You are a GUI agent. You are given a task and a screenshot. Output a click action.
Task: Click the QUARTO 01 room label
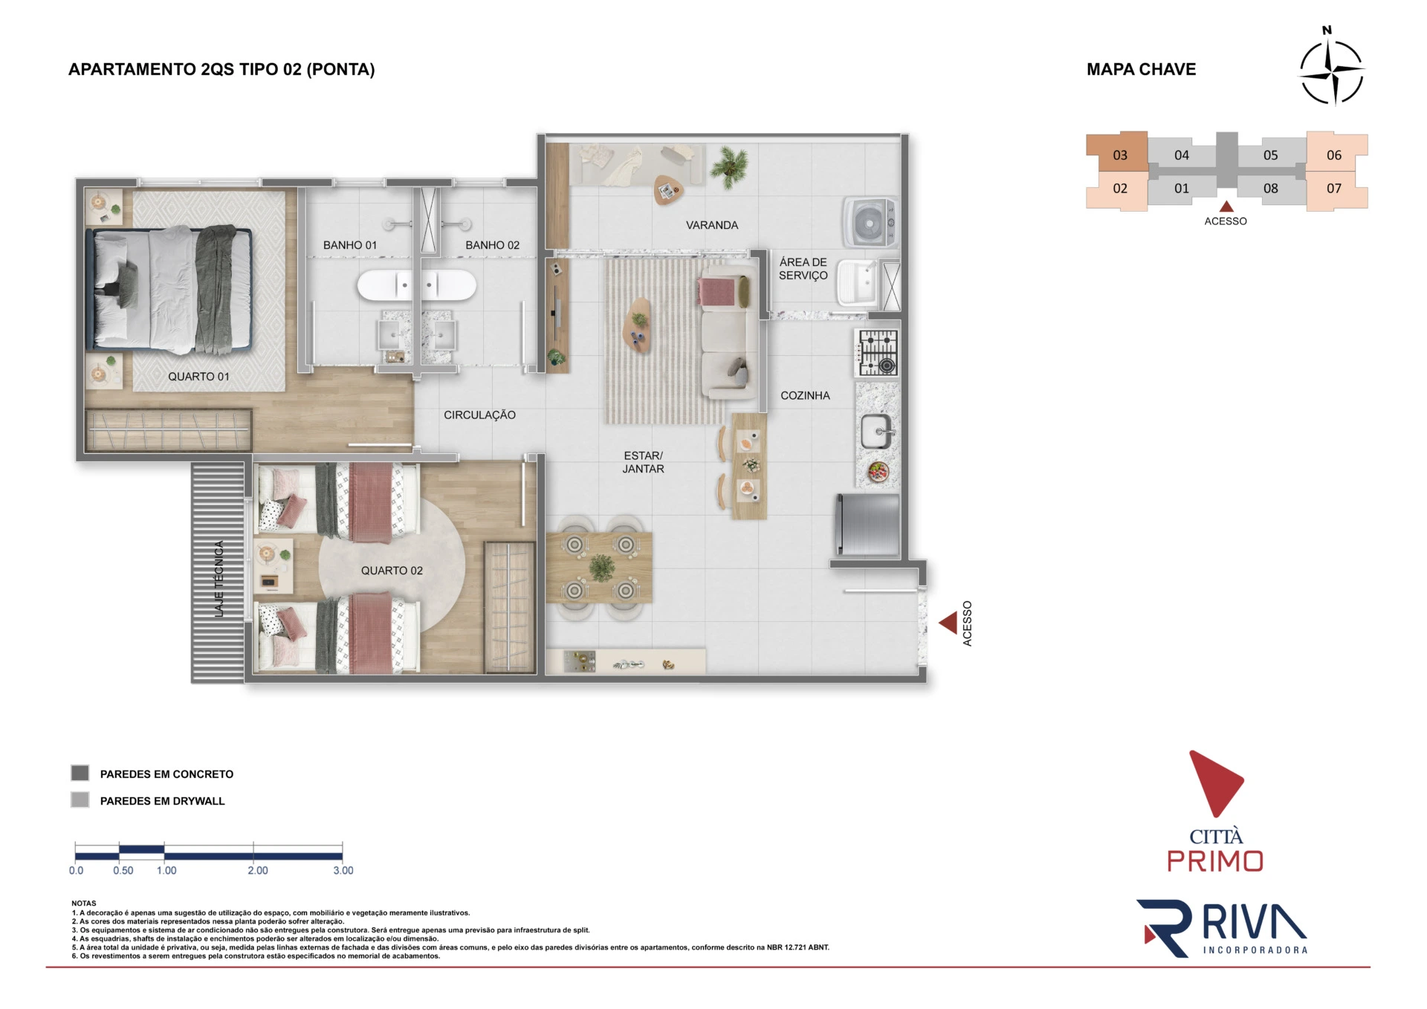point(198,377)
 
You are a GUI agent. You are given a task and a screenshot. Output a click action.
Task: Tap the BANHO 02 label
point(492,245)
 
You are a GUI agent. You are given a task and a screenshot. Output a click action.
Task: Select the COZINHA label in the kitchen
point(805,396)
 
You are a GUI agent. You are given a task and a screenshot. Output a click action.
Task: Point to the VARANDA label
point(711,225)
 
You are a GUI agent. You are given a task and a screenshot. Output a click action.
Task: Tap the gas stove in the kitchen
point(878,352)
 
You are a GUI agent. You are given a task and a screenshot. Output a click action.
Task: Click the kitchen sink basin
point(876,432)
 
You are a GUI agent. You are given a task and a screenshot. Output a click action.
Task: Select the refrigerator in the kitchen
point(868,525)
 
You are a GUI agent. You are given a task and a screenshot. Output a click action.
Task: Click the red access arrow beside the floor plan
point(948,623)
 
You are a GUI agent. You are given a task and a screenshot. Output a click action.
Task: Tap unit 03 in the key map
point(1119,155)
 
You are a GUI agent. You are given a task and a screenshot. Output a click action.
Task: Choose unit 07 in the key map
point(1335,189)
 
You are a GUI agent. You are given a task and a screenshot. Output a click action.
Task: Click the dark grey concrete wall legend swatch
point(80,773)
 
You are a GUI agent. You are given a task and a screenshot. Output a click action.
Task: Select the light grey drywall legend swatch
point(80,800)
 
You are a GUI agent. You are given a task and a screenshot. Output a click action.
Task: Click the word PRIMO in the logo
point(1215,861)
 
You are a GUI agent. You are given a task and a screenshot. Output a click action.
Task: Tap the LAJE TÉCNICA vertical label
point(219,579)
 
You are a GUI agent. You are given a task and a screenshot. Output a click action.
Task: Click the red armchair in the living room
point(715,291)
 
